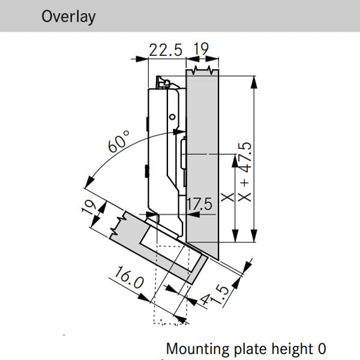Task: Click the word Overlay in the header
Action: tap(68, 16)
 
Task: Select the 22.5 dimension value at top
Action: tap(166, 50)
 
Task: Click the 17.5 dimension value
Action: tap(200, 205)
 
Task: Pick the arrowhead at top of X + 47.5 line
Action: tap(256, 82)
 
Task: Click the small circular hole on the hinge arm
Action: tap(172, 116)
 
